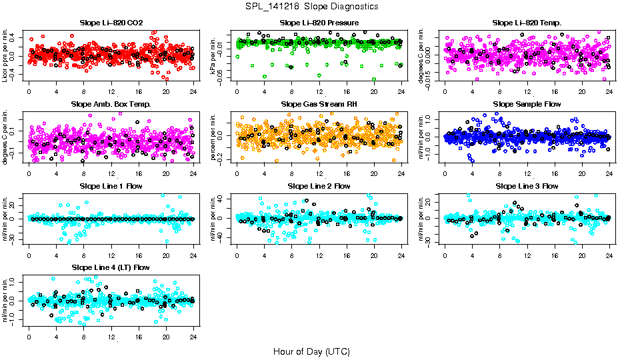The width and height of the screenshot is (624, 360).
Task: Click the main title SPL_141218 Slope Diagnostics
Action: (x=311, y=6)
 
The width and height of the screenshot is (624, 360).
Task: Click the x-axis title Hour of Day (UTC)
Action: (x=311, y=351)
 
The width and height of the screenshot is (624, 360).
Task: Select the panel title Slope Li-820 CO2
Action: (x=111, y=23)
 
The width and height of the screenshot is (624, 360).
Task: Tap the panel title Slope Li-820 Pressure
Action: (x=319, y=23)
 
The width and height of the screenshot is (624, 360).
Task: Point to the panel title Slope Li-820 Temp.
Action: (x=527, y=23)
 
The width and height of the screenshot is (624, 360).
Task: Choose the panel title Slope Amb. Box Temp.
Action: (x=111, y=104)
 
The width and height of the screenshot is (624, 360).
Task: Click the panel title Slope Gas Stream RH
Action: (x=319, y=104)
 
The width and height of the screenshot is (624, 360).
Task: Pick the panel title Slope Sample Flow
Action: (x=527, y=104)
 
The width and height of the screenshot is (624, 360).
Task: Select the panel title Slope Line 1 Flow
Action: (x=111, y=186)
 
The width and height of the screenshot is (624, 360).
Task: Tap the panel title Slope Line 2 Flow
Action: (x=319, y=186)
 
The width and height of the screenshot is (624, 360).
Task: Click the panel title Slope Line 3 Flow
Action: (x=527, y=186)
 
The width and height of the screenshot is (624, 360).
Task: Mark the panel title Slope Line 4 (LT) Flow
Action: (x=111, y=267)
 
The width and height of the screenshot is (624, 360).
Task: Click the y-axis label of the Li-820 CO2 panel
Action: (x=5, y=55)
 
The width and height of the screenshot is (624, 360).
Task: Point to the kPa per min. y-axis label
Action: (x=214, y=55)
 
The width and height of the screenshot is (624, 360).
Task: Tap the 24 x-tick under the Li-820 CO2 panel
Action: (x=193, y=91)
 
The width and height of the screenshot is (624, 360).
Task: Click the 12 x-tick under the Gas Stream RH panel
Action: (x=319, y=173)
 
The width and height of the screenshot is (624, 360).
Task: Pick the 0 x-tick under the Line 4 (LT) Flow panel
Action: (x=29, y=336)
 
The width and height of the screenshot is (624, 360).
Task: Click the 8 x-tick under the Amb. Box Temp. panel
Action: (x=83, y=173)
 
